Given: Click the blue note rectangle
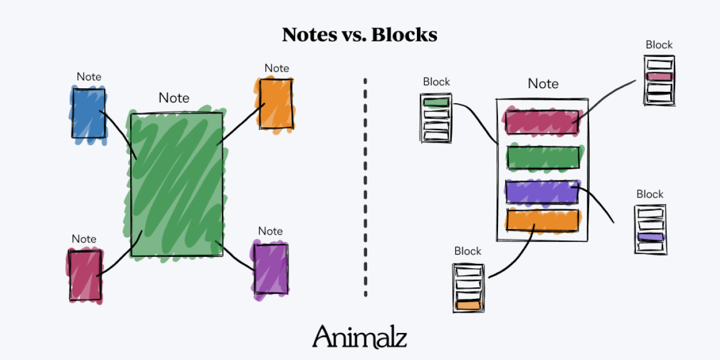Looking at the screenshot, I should (x=88, y=113).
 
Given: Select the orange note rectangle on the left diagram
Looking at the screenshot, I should (x=276, y=103).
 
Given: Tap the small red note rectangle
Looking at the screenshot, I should (x=85, y=275).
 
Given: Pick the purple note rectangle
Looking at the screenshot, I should (x=271, y=268).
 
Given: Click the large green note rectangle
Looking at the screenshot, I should (x=176, y=184).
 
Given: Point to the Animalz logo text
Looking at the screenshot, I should (x=359, y=337).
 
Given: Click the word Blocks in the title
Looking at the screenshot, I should (x=404, y=35).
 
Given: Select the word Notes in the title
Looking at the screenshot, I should (x=309, y=35).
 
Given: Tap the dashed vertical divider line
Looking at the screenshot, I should (x=365, y=186).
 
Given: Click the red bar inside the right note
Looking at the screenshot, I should (x=542, y=122).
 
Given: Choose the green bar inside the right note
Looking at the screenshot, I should (x=543, y=157).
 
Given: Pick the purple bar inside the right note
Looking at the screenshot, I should (x=542, y=192).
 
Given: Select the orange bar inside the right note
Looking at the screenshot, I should (x=542, y=220).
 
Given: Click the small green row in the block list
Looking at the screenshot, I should (x=436, y=103).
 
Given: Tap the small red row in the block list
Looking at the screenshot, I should (x=659, y=77).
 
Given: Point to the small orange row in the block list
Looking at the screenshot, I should (x=469, y=305).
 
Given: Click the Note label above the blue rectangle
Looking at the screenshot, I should (x=89, y=77).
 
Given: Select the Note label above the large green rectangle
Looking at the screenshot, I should (x=174, y=98).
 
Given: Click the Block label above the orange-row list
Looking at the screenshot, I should (x=467, y=251).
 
